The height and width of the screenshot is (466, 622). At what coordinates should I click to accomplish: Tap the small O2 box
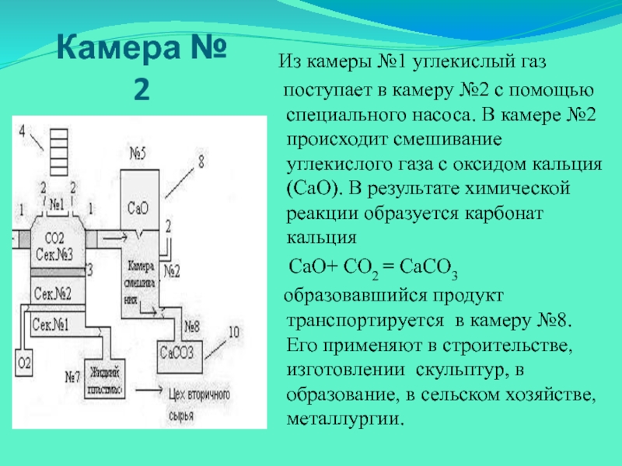click(x=24, y=363)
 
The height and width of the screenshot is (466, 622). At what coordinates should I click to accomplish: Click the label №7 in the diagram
click(x=73, y=377)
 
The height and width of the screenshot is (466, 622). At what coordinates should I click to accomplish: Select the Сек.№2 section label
click(x=52, y=293)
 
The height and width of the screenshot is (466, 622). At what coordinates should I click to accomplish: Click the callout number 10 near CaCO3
click(x=234, y=332)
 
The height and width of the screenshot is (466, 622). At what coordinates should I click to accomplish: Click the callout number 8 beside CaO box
click(x=200, y=162)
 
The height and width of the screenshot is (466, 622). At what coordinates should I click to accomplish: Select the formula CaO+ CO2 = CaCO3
click(x=372, y=269)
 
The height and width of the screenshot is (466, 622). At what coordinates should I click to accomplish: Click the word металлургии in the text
click(x=346, y=419)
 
